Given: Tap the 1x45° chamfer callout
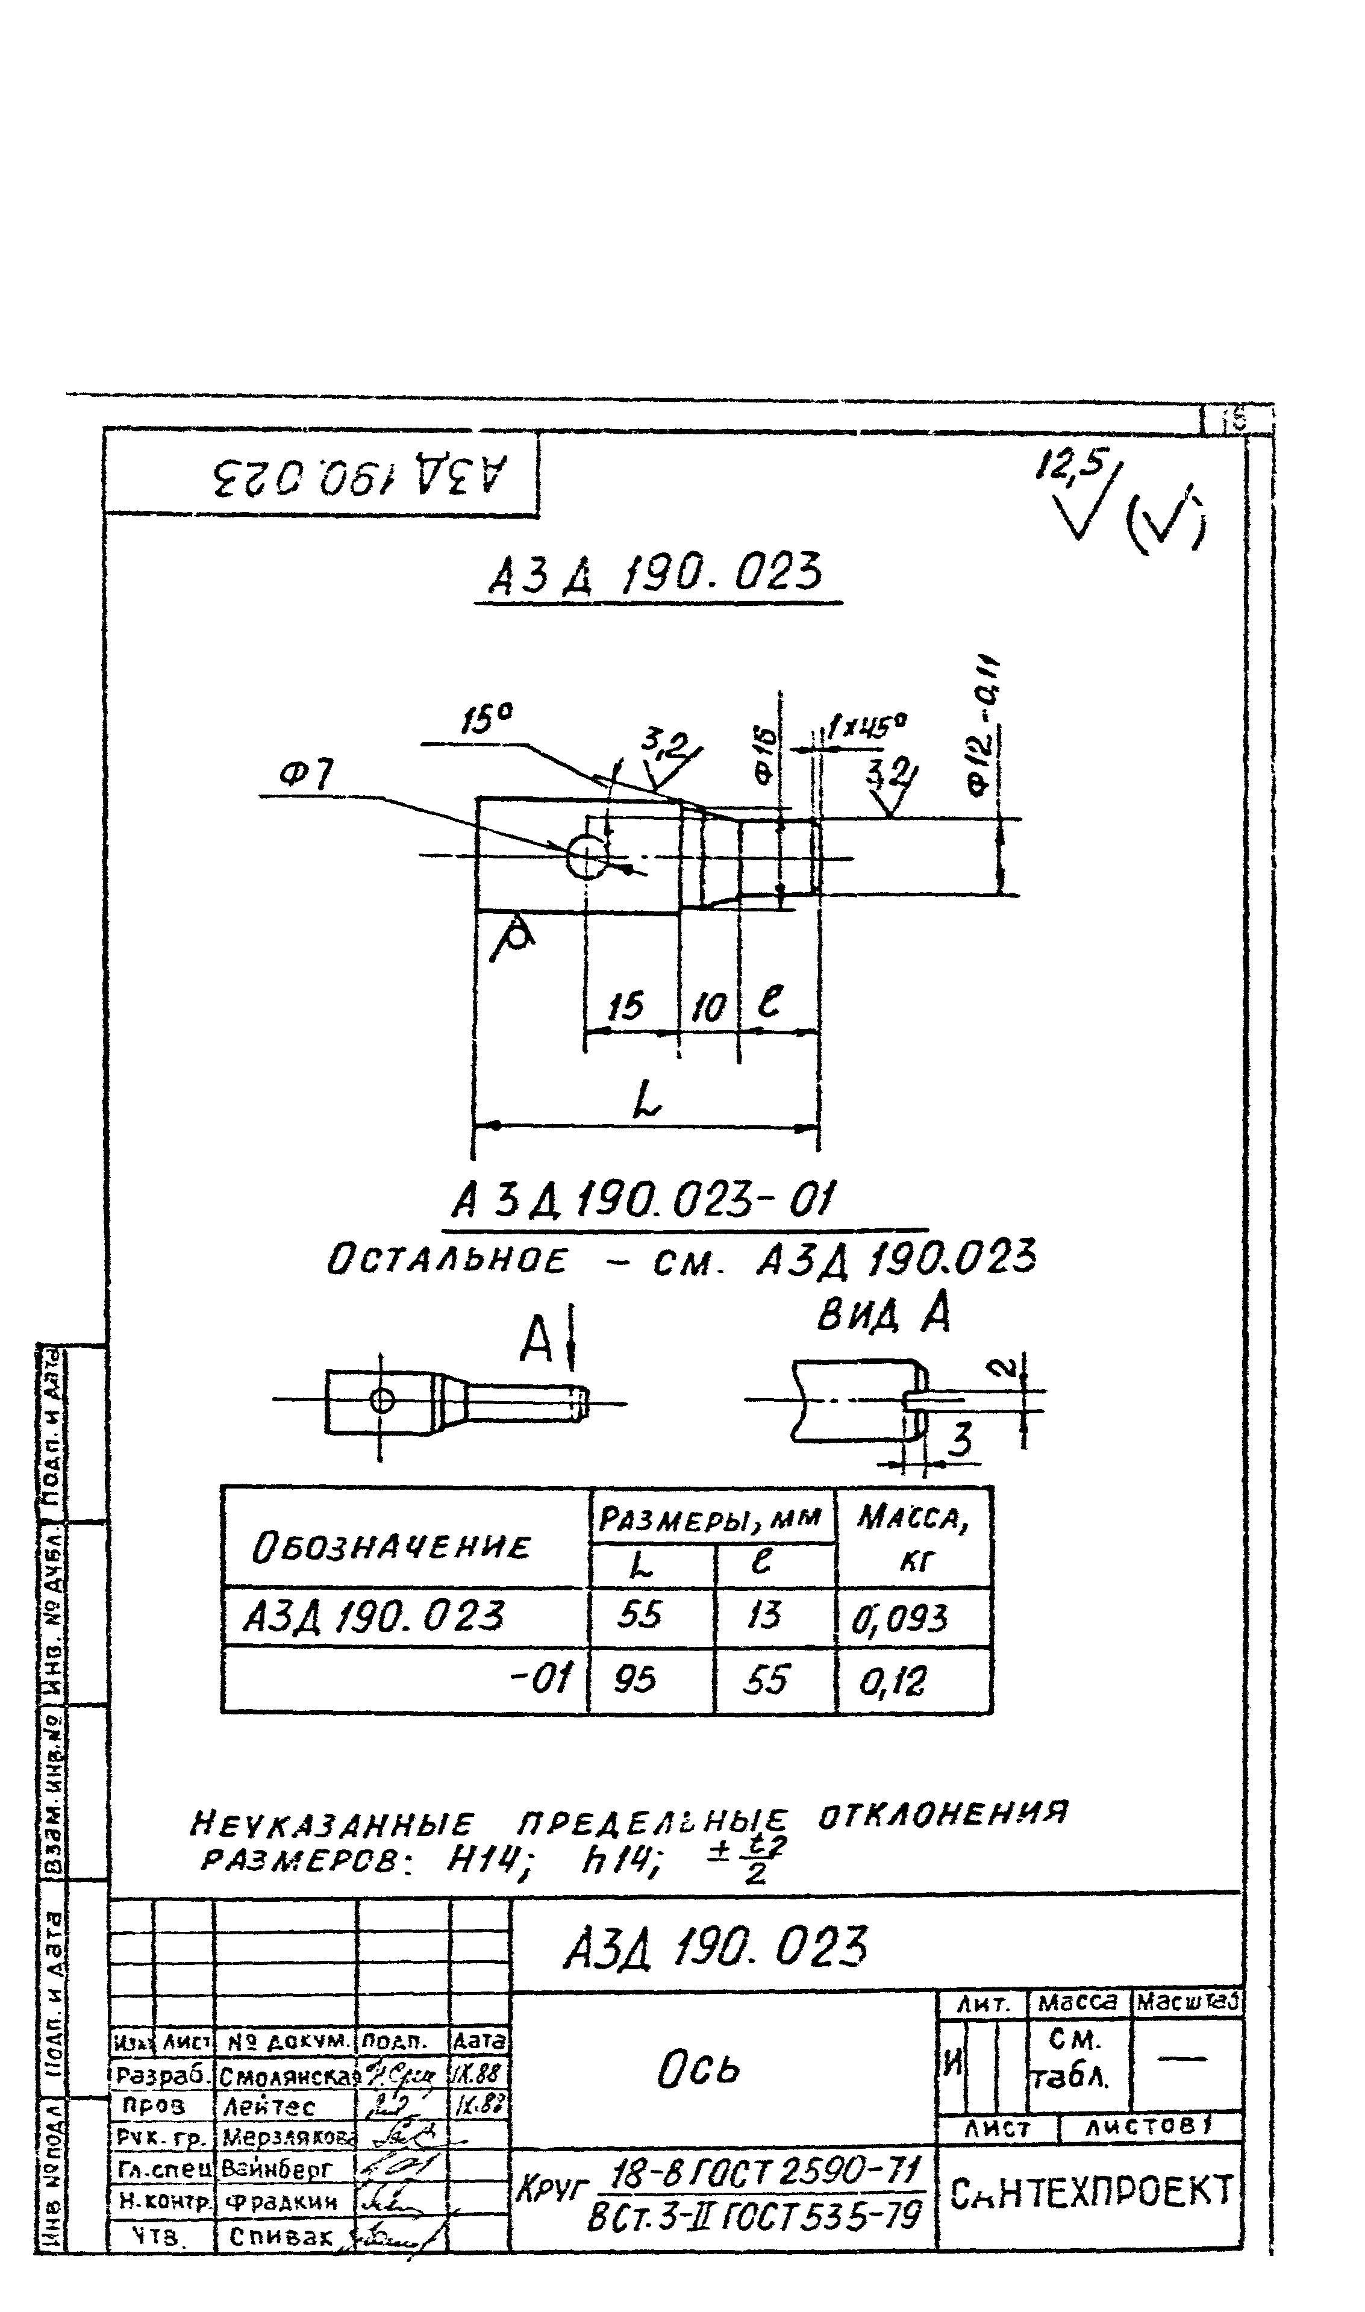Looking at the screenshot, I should (x=866, y=728).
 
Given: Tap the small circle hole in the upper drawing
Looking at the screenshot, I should (x=587, y=857).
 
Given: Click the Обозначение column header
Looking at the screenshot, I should (x=392, y=1547).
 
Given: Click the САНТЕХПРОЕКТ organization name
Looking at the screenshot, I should (x=1090, y=2193).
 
